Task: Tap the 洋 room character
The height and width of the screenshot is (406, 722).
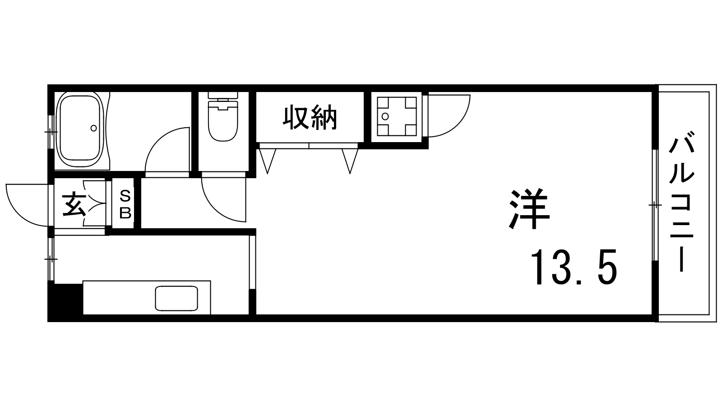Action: (529, 209)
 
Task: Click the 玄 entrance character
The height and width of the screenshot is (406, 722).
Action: (74, 204)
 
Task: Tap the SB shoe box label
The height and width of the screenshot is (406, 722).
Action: (125, 204)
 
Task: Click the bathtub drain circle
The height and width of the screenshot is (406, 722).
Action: (94, 128)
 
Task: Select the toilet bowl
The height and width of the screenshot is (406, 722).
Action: (223, 121)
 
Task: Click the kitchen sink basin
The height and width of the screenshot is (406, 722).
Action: (176, 298)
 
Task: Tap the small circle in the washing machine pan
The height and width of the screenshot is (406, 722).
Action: (384, 116)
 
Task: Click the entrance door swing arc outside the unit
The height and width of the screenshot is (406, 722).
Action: (27, 205)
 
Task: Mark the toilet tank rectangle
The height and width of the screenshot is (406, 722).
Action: (223, 95)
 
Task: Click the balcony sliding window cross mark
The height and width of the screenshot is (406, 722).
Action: (655, 205)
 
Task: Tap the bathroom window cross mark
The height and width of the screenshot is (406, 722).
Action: (51, 132)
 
